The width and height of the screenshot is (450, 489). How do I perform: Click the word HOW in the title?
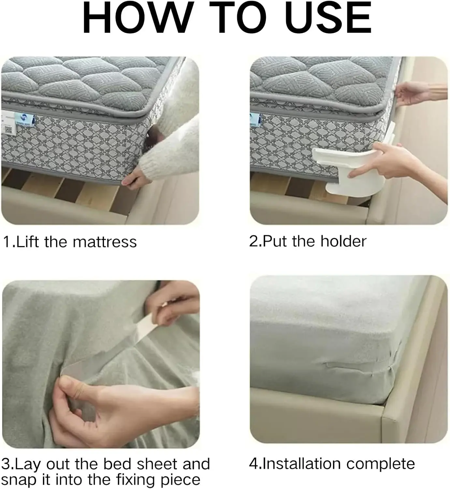pos(138,18)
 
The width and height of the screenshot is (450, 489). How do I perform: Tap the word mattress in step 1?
pos(105,242)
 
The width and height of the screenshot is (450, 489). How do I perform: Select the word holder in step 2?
pos(343,241)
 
